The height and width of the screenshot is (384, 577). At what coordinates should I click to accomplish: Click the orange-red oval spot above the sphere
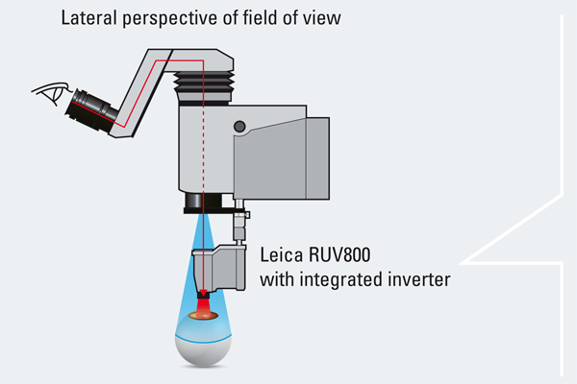pos(204,313)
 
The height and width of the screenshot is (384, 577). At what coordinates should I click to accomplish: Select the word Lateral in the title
pos(88,19)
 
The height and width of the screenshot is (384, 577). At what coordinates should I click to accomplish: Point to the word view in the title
pos(321,19)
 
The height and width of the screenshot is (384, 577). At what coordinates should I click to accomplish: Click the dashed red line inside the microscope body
pos(204,144)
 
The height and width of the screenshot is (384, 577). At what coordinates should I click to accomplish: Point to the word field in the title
pos(258,19)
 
